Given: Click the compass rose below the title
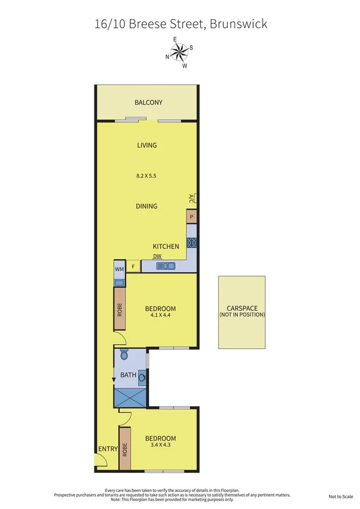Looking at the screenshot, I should pos(179,52).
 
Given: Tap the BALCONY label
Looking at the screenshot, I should pos(149,102).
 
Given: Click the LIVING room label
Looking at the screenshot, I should pos(147,145).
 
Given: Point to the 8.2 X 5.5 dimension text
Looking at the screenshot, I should pos(146,176).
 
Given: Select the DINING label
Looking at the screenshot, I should pos(146,206).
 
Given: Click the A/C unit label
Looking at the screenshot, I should pos(192,199).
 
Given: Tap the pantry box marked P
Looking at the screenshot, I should pos(192,217).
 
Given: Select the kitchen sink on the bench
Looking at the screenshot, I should pos(168,265).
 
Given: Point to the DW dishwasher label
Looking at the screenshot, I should pos(158,256).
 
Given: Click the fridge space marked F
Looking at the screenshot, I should pos(133,266).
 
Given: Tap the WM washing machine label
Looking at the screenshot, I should pos(119,269).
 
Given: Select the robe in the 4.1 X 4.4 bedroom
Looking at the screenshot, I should pos(119,309).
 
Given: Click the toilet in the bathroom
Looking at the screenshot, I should pos(125,355).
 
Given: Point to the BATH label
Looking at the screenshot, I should pos(128,375).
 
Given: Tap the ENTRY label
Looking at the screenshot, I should pos(107,450).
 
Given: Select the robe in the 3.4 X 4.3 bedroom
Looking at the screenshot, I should pos(125,448).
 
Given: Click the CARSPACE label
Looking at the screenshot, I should pos(242,309).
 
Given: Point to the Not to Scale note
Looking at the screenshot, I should pos(340,497).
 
